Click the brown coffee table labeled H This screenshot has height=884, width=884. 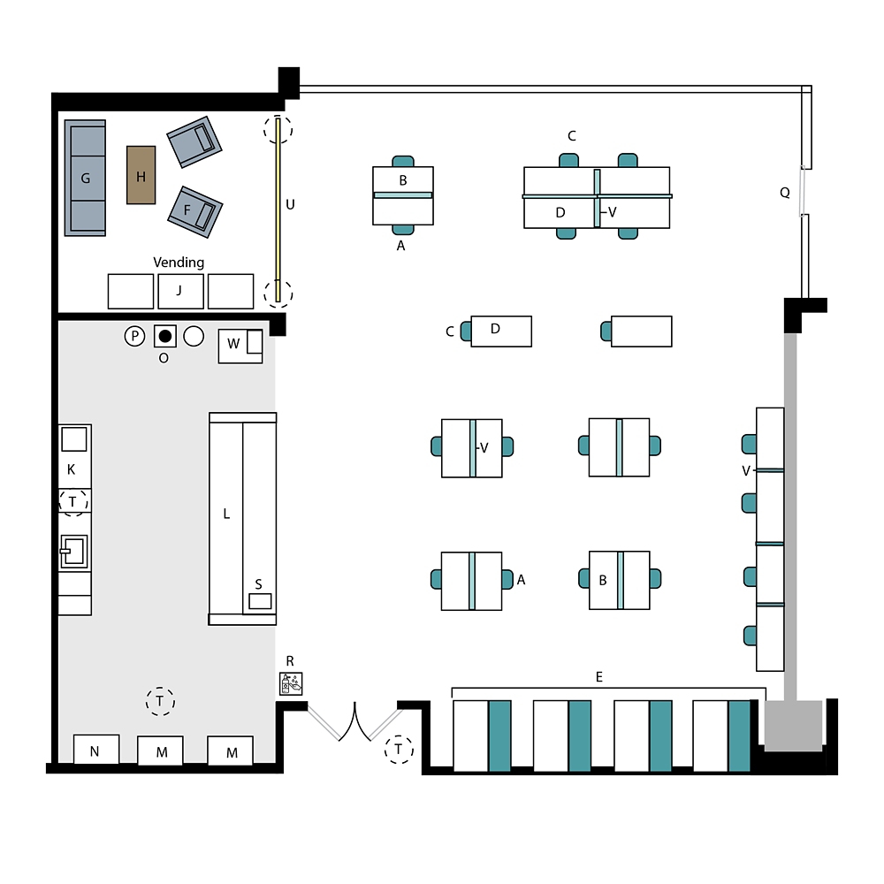pos(141,175)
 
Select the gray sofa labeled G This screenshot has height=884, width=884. pos(85,178)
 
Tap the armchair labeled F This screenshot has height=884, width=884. pos(195,212)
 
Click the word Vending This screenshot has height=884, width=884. pos(179,263)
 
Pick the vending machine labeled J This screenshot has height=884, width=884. pos(180,291)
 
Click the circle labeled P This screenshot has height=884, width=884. pos(134,337)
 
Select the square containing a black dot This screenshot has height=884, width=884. pos(165,337)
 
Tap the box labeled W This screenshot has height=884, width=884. pos(240,347)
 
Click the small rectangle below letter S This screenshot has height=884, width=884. pos(260,601)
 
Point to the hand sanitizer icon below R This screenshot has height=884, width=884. pos(291,684)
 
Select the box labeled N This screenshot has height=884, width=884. pos(96,750)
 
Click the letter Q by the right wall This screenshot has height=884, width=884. pos(785,193)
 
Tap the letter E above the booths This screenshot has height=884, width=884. pos(598,676)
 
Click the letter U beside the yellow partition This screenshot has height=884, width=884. pos(290,205)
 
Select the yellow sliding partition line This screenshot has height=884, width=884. pos(278,210)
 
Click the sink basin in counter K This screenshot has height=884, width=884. pos(74,552)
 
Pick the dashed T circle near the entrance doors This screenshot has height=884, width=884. pos(399,750)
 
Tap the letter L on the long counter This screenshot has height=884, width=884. pos(226,514)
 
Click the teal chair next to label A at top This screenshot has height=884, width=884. pos(403,230)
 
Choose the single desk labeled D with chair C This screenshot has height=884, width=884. pos(501,331)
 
